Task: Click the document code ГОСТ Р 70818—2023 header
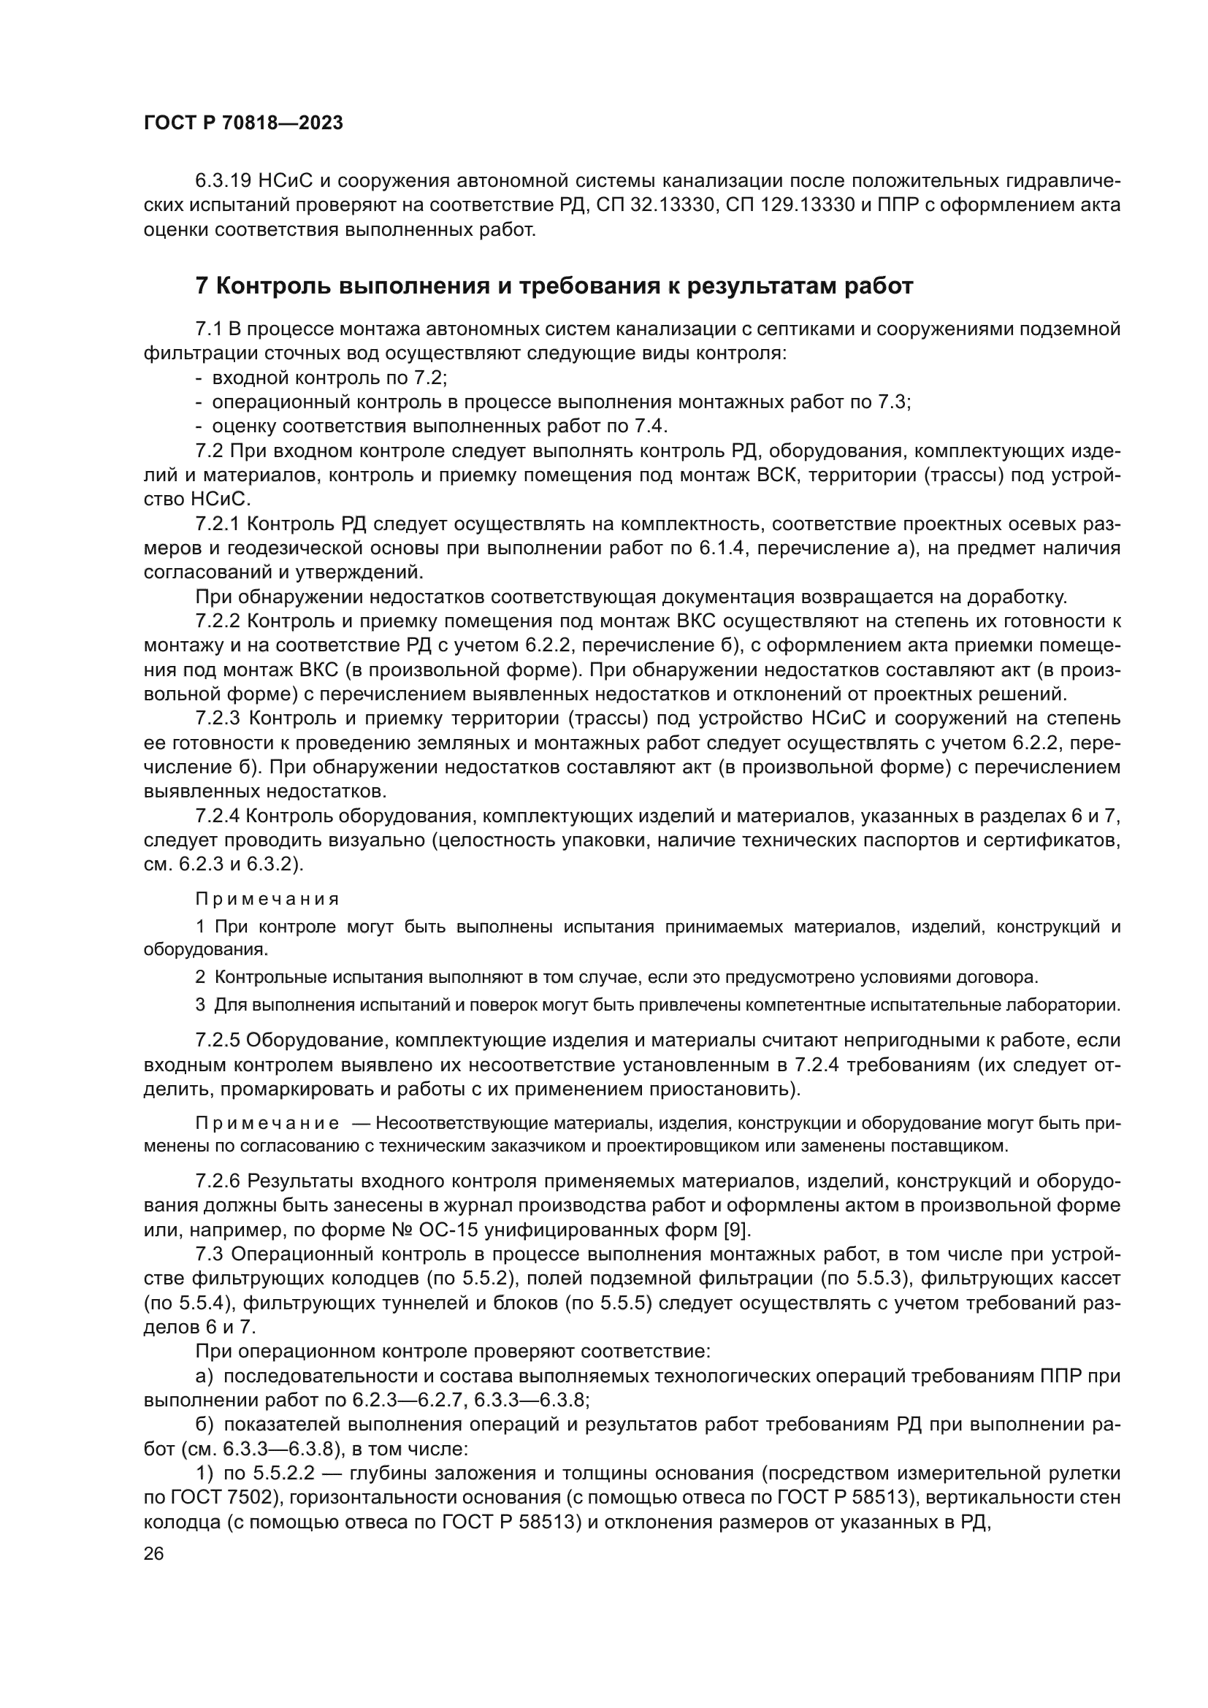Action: tap(243, 123)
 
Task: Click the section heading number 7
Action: tap(202, 286)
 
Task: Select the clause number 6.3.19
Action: tap(224, 182)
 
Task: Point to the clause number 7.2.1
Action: tap(217, 524)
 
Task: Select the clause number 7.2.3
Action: tap(218, 719)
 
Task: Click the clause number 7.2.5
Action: tap(218, 1040)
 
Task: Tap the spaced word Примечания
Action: tap(267, 900)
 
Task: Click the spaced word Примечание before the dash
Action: tap(267, 1122)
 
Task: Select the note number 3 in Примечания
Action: tap(200, 1005)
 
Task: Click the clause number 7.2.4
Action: tap(218, 817)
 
